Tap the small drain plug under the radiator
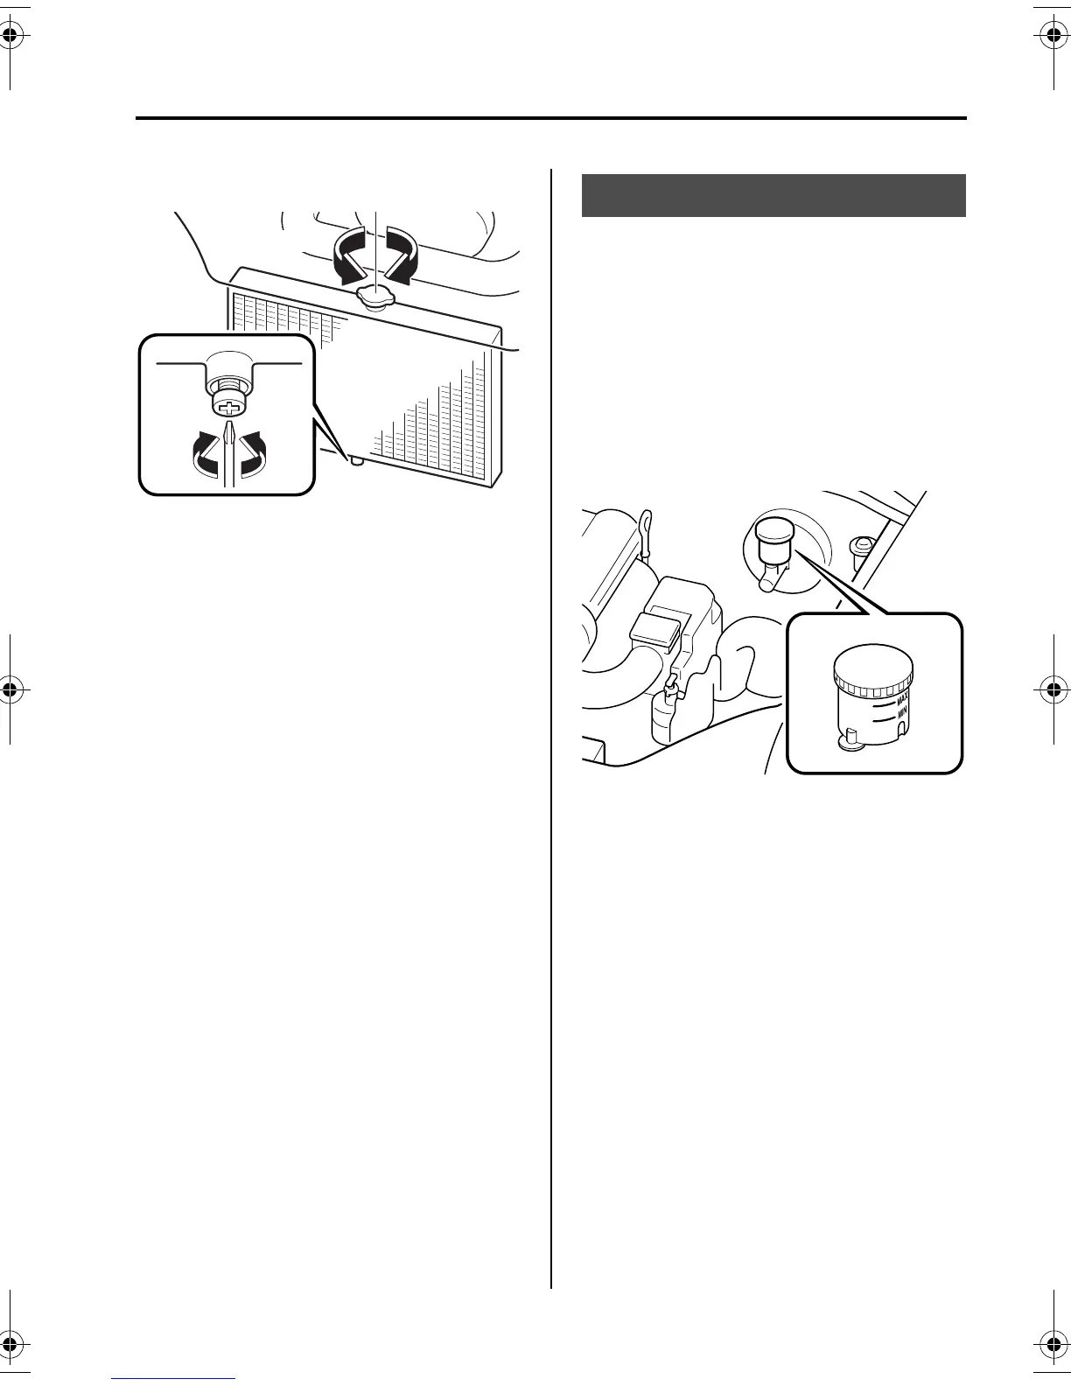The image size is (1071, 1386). (x=355, y=461)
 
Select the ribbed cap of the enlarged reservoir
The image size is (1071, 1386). (x=873, y=672)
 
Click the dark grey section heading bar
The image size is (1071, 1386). (x=773, y=195)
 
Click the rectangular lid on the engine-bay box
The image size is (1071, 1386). (x=656, y=627)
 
